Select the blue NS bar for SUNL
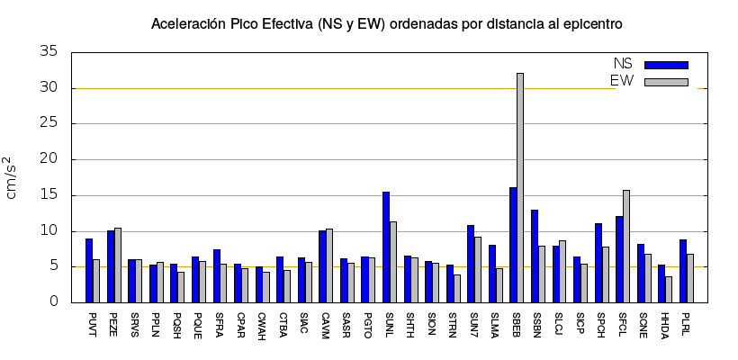tap(386, 247)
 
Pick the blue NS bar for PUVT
tap(89, 270)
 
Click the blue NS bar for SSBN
tap(535, 256)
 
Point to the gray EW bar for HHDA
tap(669, 289)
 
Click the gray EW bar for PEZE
tap(118, 265)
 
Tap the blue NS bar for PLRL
tap(683, 271)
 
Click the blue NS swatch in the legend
tap(666, 65)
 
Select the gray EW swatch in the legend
tap(666, 82)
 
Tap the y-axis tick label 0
tap(54, 302)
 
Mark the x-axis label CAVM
tap(324, 325)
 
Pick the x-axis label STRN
tap(452, 324)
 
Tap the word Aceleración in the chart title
tap(187, 23)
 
